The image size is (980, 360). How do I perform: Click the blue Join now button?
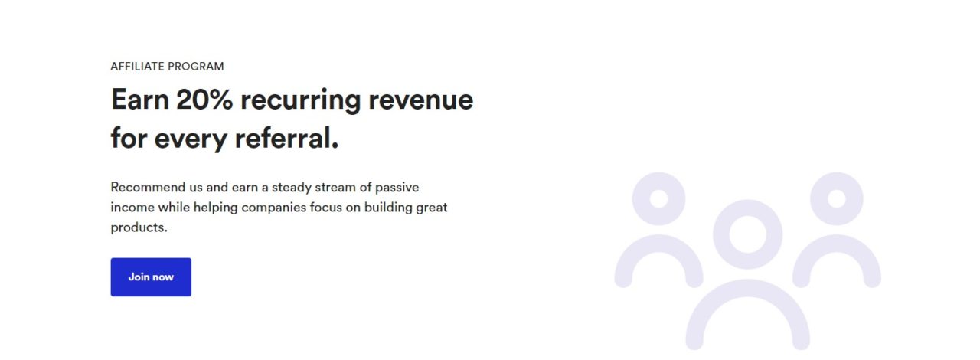tap(151, 277)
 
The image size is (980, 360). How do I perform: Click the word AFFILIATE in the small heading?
tap(137, 66)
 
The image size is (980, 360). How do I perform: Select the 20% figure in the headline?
tap(204, 99)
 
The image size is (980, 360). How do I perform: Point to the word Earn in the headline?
tap(140, 99)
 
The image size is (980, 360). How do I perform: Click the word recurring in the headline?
tap(301, 101)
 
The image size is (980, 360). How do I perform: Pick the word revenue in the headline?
tap(421, 100)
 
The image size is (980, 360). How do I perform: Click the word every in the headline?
tap(191, 139)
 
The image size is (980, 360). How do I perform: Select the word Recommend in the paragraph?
tap(148, 187)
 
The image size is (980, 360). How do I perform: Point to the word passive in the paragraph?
tap(397, 188)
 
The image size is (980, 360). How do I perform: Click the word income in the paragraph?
tap(132, 207)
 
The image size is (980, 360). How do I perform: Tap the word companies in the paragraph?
tap(274, 208)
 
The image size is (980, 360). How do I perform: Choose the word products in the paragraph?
tap(138, 227)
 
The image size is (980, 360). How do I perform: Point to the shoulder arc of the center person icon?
tap(748, 288)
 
